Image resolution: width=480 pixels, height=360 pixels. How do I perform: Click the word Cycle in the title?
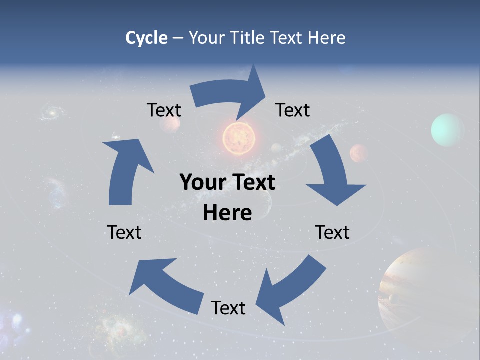(146, 38)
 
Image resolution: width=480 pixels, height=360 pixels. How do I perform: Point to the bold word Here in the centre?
(227, 213)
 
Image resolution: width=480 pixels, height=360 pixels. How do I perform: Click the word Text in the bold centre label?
(253, 183)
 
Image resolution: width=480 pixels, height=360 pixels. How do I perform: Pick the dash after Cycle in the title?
(178, 38)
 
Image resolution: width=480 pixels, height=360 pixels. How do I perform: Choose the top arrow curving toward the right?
(230, 95)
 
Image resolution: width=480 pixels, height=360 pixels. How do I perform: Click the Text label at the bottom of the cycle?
(228, 308)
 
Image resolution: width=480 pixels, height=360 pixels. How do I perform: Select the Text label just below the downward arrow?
(332, 232)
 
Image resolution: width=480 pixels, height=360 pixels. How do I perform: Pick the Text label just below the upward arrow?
(124, 232)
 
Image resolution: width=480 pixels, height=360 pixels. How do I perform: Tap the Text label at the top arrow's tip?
(293, 110)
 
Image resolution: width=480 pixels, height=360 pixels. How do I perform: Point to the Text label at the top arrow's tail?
(164, 110)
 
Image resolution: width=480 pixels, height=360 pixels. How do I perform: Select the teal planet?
(447, 130)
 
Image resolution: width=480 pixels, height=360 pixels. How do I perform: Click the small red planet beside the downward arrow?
(358, 153)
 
